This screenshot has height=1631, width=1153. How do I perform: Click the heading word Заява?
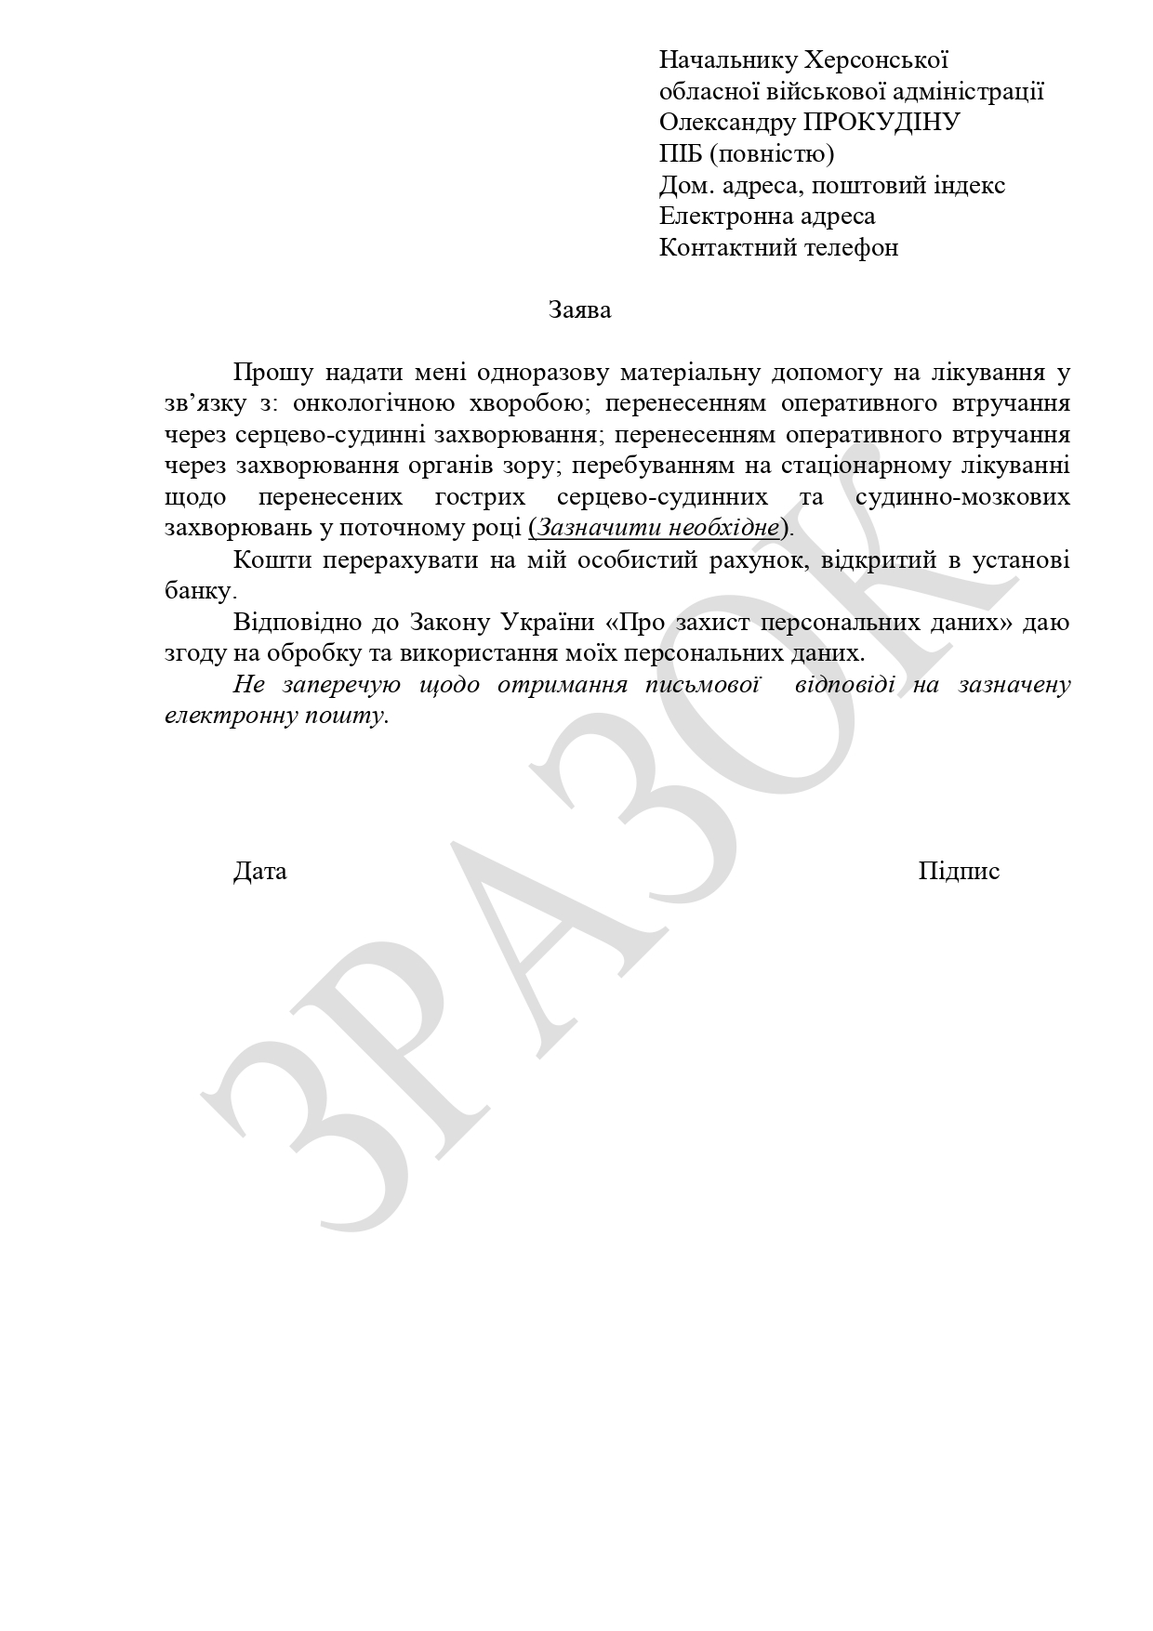(x=579, y=310)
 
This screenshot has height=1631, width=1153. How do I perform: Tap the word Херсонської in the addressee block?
(x=875, y=60)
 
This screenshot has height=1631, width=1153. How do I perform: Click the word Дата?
(x=259, y=872)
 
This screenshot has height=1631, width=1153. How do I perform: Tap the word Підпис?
(x=959, y=872)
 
